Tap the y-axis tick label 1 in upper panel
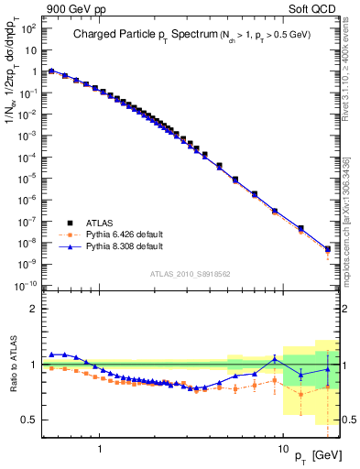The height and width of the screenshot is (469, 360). click(32, 71)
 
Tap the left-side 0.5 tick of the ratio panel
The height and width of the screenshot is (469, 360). click(28, 420)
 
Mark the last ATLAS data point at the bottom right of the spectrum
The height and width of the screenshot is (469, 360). click(328, 248)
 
